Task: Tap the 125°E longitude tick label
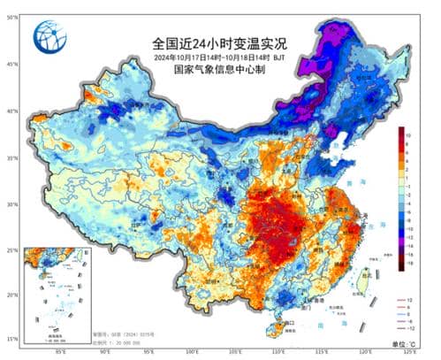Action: click(409, 353)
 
